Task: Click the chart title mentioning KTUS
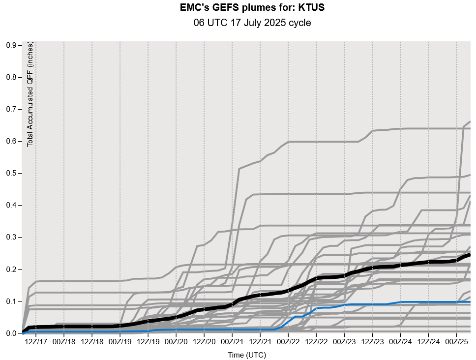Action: pyautogui.click(x=252, y=8)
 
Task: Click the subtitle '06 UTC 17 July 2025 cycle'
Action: pyautogui.click(x=252, y=23)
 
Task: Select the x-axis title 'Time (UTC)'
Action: pyautogui.click(x=246, y=355)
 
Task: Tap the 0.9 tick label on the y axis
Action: pyautogui.click(x=11, y=45)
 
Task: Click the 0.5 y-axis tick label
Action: pyautogui.click(x=11, y=173)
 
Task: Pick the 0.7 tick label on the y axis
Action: pyautogui.click(x=11, y=109)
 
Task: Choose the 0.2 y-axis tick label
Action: pyautogui.click(x=11, y=270)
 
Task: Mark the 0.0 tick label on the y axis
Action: pyautogui.click(x=11, y=333)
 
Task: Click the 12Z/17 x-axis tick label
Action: pyautogui.click(x=36, y=341)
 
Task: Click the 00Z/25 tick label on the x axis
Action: pyautogui.click(x=457, y=341)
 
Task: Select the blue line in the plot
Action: pyautogui.click(x=344, y=305)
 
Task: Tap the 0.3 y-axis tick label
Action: pyautogui.click(x=11, y=237)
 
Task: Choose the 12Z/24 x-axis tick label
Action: pyautogui.click(x=429, y=341)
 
